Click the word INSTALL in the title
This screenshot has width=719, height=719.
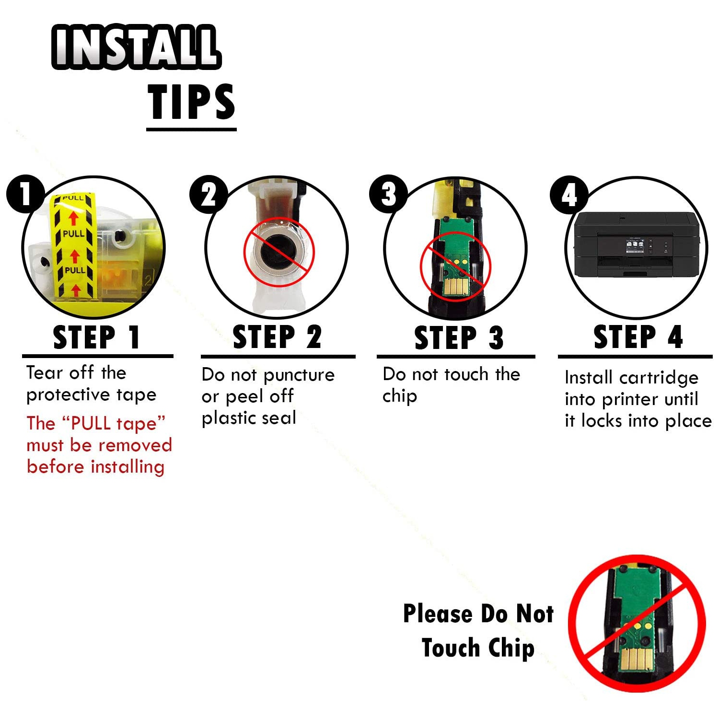(136, 46)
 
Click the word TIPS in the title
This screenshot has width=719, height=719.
(191, 102)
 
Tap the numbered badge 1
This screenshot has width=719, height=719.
(25, 194)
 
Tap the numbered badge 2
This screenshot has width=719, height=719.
(209, 195)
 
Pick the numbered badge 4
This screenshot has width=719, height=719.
(569, 195)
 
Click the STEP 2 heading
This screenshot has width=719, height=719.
(277, 337)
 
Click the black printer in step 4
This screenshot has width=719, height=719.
(637, 244)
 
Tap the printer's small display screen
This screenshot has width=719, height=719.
(635, 245)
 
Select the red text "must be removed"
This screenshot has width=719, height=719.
(99, 445)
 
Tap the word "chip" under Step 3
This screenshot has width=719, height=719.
(400, 396)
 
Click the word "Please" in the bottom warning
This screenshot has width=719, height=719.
(438, 614)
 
